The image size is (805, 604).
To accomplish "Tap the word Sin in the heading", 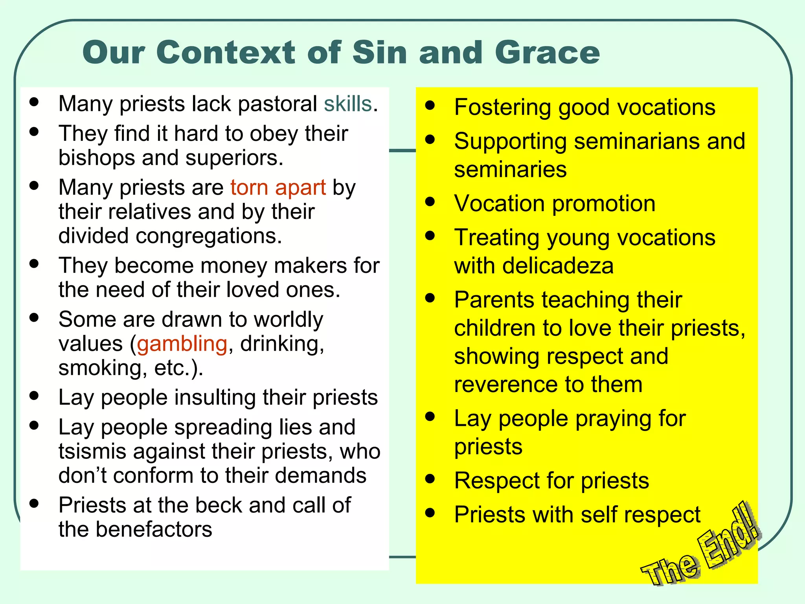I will point(379,53).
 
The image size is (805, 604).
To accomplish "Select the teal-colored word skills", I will point(348,104).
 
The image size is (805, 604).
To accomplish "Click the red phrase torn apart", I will point(278,187).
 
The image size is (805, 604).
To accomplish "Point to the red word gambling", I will point(182,344).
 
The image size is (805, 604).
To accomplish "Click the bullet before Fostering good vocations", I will point(430,105).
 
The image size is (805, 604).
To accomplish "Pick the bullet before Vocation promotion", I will point(430,202).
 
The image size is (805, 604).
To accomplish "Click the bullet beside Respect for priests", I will point(430,479).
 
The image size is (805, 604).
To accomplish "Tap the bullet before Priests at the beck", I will point(35,503).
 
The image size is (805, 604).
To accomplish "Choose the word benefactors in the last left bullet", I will point(154,529).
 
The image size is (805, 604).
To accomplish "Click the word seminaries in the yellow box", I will point(510,169).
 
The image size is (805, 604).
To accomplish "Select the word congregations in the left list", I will point(209,236).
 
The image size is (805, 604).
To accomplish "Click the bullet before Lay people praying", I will point(430,416).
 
